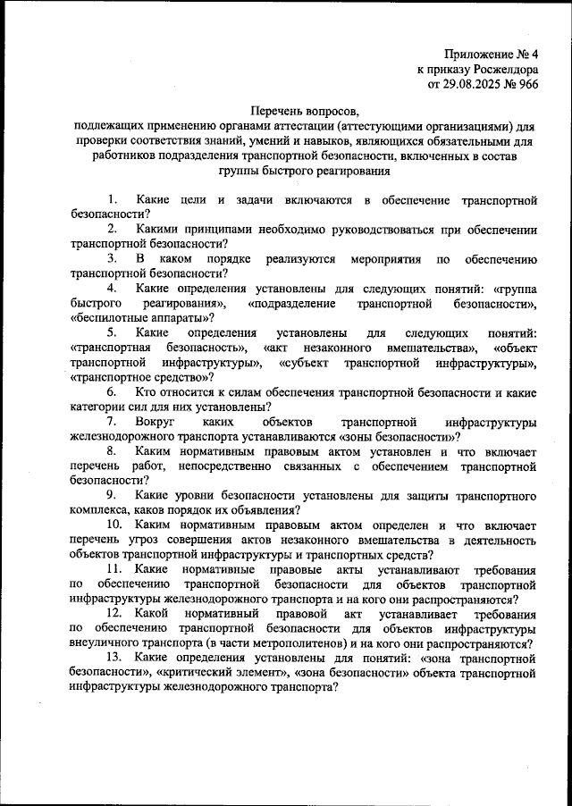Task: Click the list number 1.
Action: coord(110,197)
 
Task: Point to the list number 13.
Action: coord(115,659)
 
